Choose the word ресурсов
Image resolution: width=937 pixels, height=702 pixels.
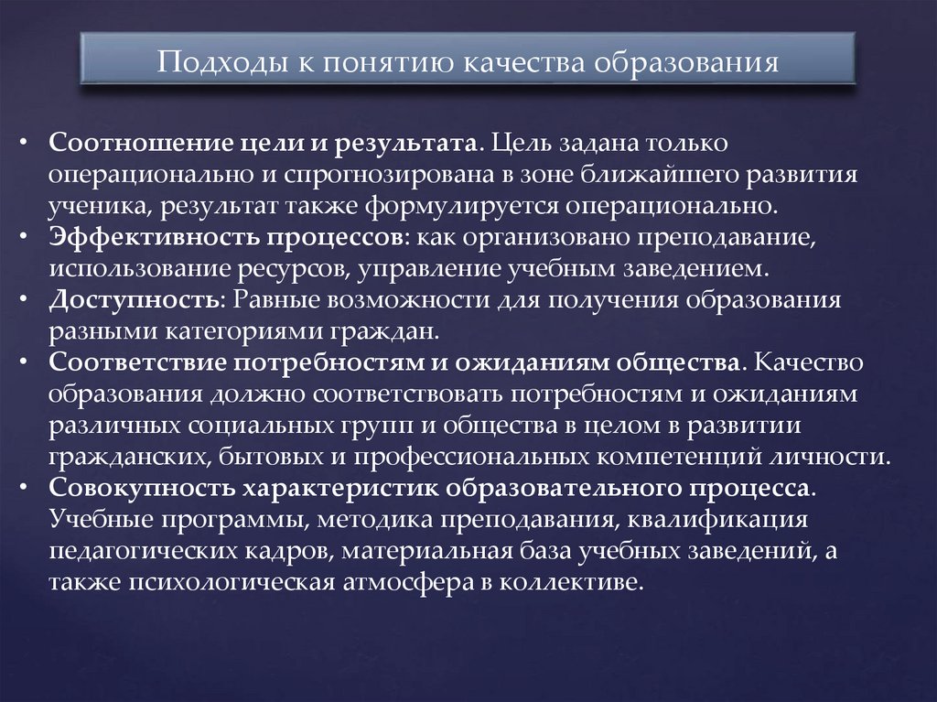pyautogui.click(x=290, y=268)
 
